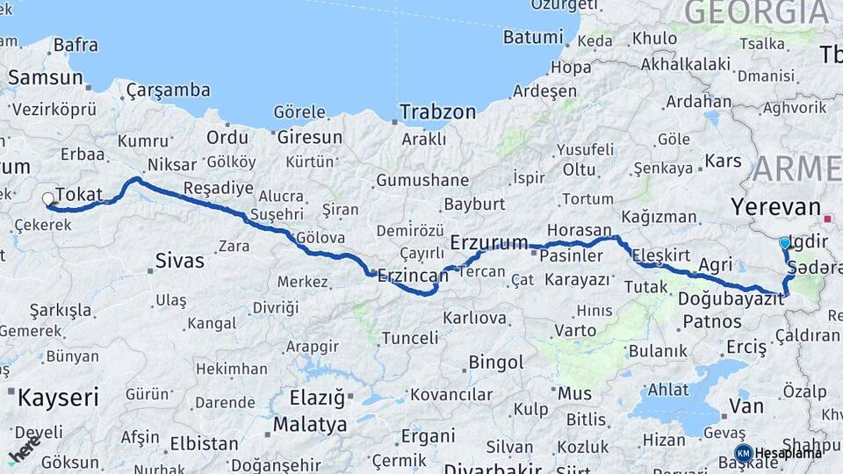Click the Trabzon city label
click(x=437, y=111)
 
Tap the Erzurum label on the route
click(x=489, y=241)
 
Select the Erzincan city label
click(x=412, y=276)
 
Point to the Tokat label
click(x=79, y=195)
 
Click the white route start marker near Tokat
click(x=48, y=199)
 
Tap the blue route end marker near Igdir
click(x=784, y=242)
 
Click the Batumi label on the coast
click(x=532, y=37)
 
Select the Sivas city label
click(x=179, y=260)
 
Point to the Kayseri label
click(x=58, y=398)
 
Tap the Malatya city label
click(x=309, y=425)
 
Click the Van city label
click(x=746, y=406)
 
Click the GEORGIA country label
click(x=756, y=12)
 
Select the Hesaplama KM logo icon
click(x=743, y=453)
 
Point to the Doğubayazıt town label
click(x=731, y=298)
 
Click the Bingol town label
click(x=496, y=362)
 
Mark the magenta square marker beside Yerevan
click(x=828, y=217)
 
